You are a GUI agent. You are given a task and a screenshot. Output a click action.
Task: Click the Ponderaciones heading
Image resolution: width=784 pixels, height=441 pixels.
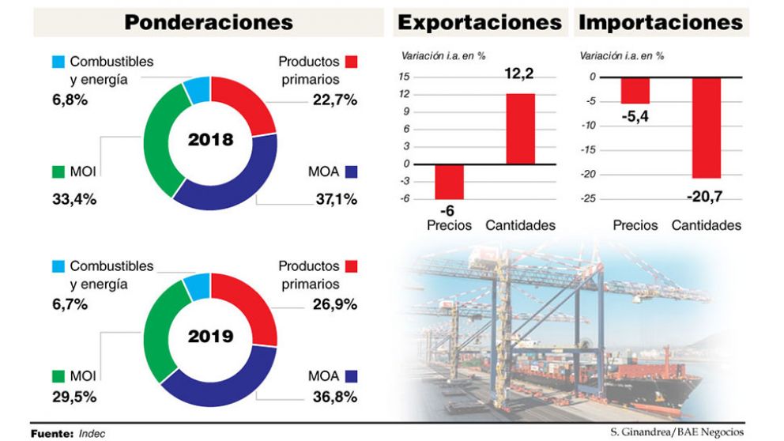pyautogui.click(x=209, y=22)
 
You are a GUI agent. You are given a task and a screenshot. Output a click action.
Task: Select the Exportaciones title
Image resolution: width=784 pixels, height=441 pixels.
pyautogui.click(x=480, y=22)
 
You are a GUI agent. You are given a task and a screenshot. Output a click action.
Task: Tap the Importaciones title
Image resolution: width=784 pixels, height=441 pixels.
pyautogui.click(x=661, y=22)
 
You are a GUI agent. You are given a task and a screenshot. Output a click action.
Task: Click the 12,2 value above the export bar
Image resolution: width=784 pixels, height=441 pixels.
pyautogui.click(x=519, y=74)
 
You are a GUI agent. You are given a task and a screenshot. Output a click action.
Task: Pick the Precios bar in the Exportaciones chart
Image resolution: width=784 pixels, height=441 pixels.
pyautogui.click(x=449, y=182)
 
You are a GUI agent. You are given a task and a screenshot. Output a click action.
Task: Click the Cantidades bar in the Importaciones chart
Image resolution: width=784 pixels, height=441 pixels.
pyautogui.click(x=706, y=127)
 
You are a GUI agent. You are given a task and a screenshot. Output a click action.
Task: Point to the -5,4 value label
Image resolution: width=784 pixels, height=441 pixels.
pyautogui.click(x=635, y=115)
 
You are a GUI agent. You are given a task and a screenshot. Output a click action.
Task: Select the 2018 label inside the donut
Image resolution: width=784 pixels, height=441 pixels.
pyautogui.click(x=210, y=141)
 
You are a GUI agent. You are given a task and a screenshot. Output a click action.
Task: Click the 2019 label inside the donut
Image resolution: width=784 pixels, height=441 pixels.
pyautogui.click(x=210, y=337)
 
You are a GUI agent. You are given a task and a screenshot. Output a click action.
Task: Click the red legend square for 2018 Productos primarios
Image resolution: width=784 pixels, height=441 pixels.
pyautogui.click(x=352, y=62)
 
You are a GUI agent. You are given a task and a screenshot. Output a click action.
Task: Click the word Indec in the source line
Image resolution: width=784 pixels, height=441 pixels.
pyautogui.click(x=92, y=434)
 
